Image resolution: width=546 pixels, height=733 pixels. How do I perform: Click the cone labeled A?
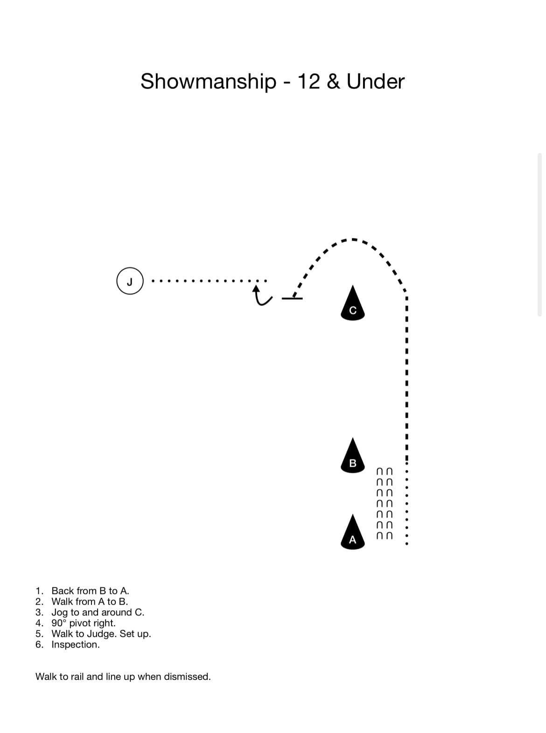[352, 532]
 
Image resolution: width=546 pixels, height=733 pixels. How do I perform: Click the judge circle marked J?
[130, 281]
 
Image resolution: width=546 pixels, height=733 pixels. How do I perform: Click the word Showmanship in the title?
[208, 81]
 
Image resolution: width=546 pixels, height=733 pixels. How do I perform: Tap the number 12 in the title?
[308, 81]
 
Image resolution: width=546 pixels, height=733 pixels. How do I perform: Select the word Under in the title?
[376, 81]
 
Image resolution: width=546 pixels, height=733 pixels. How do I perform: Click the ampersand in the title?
[333, 81]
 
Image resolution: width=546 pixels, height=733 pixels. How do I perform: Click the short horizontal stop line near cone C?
[292, 298]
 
